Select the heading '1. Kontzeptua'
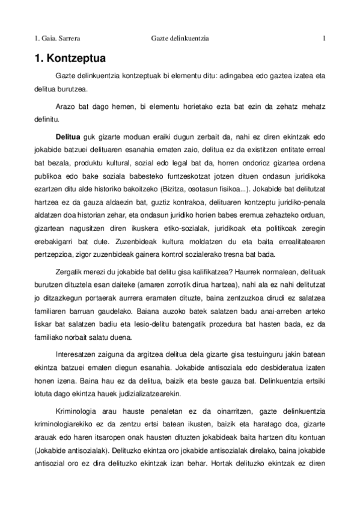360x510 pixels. pyautogui.click(x=69, y=60)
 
